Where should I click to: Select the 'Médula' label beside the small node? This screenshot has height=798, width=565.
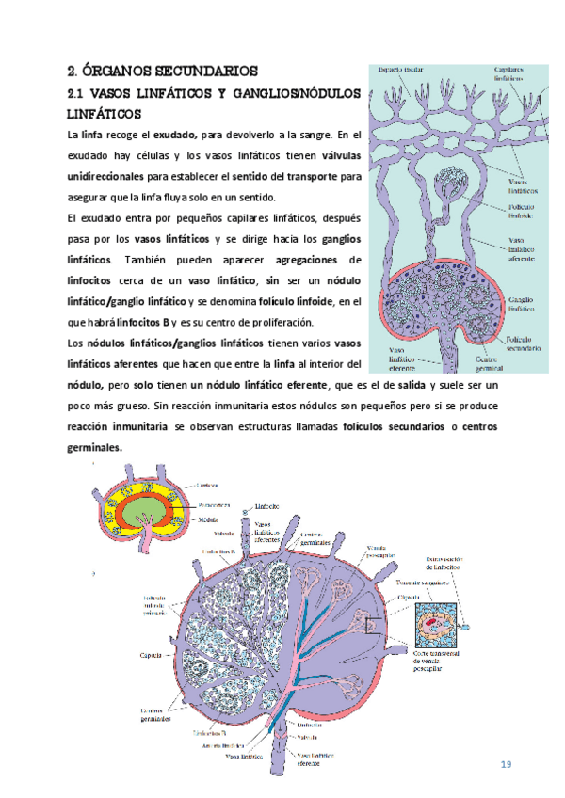click(209, 519)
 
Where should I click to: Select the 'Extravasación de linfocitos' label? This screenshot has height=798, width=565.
click(451, 565)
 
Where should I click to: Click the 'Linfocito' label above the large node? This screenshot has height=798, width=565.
click(268, 504)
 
